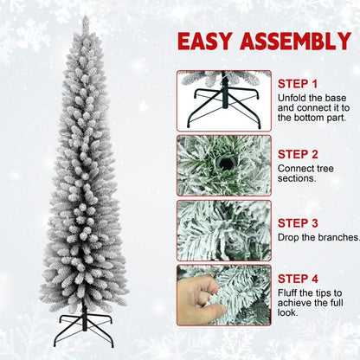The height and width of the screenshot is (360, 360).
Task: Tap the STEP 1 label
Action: point(298,84)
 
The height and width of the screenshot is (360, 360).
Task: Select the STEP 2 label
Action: point(299,152)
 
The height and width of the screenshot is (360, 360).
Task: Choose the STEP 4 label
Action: point(299,278)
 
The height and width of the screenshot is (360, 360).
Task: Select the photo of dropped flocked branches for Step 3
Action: point(224,229)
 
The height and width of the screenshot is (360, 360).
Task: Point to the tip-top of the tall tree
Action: point(85,18)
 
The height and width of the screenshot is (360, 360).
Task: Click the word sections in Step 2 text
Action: point(297,178)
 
